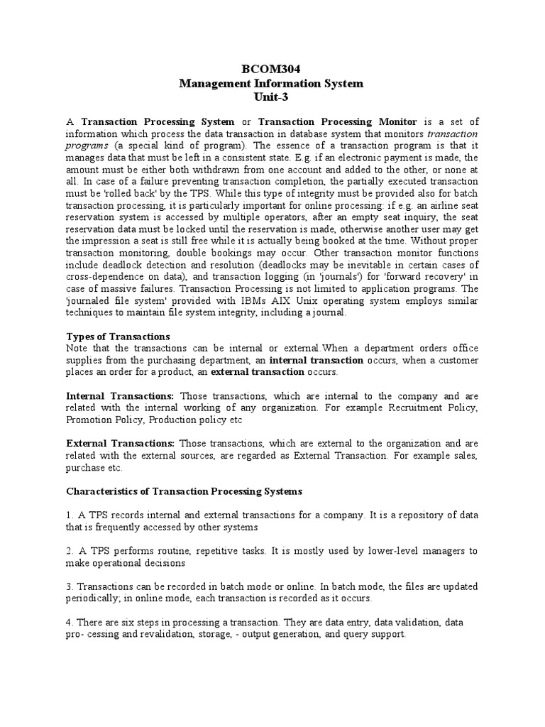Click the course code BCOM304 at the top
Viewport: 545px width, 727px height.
271,69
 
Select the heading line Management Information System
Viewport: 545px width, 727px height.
271,83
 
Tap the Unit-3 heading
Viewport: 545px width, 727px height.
271,97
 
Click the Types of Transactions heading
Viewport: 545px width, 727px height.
118,336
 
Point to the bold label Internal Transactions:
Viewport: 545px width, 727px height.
120,395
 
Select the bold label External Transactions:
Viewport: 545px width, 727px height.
121,444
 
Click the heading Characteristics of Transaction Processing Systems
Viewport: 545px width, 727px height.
184,491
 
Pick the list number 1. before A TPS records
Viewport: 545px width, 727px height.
70,515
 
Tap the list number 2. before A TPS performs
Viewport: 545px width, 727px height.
70,551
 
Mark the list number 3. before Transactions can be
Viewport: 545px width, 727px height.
70,586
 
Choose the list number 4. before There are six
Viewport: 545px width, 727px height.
70,622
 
